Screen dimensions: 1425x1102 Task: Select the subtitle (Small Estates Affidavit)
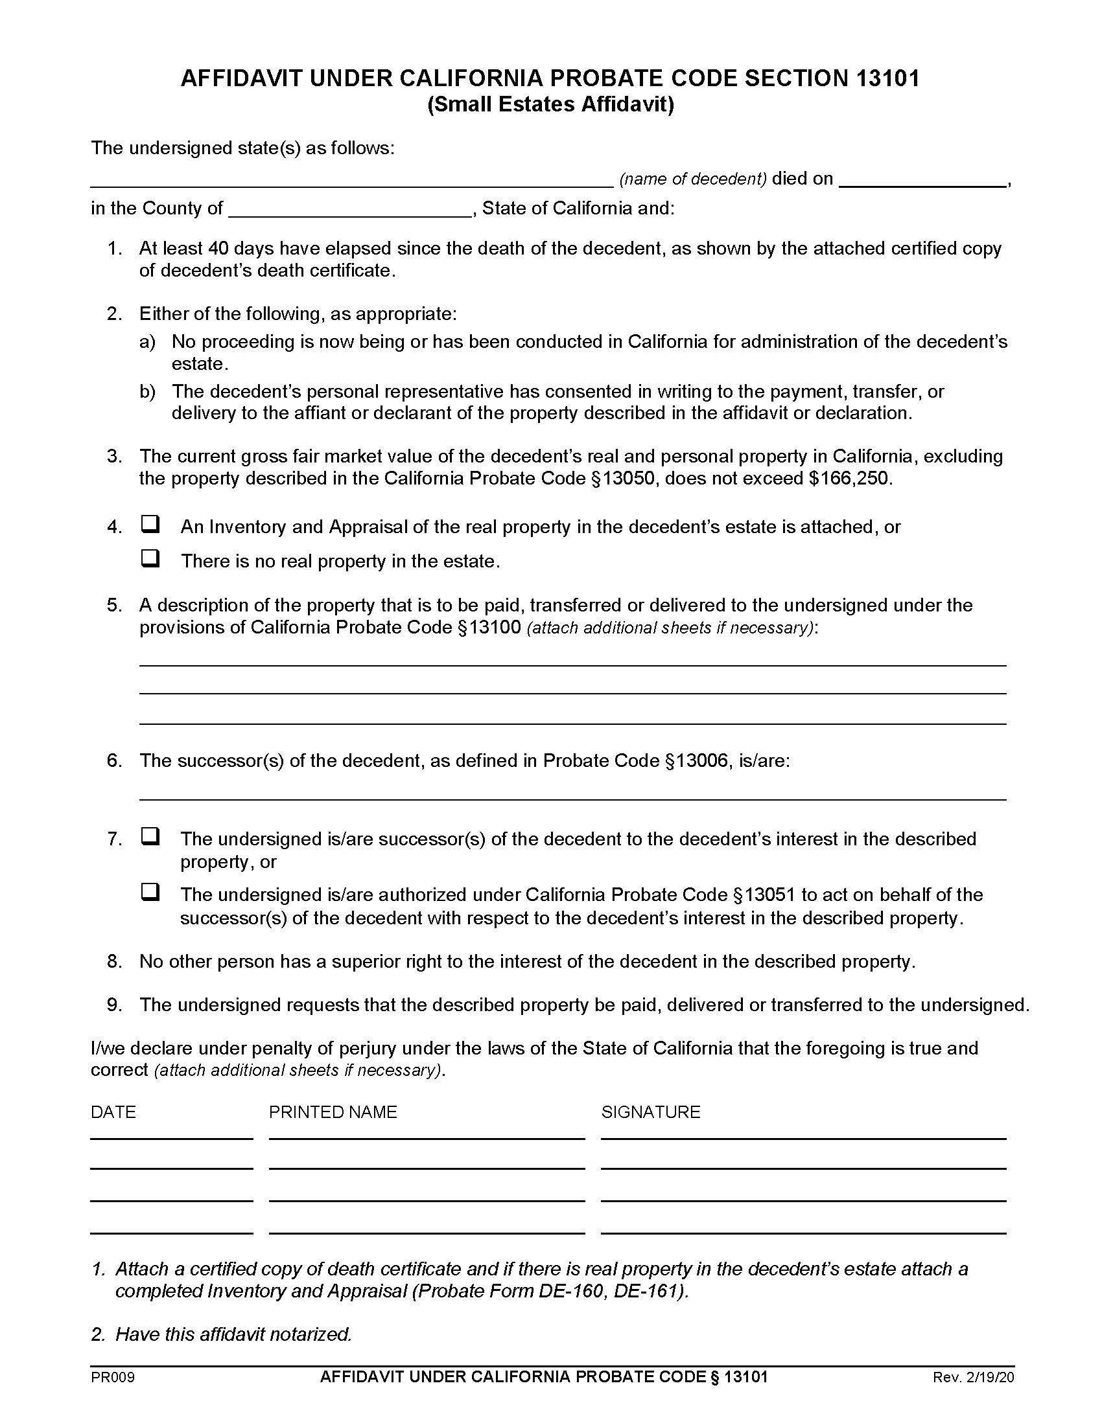coord(550,105)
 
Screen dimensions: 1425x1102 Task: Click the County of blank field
coord(350,210)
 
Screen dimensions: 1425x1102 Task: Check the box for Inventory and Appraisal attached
coord(151,524)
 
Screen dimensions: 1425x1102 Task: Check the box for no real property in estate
coord(151,558)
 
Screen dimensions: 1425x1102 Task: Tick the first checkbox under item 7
coord(151,836)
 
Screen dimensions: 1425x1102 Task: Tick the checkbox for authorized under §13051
coord(151,892)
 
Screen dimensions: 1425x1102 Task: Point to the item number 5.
coord(114,605)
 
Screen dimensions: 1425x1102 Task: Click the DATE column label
coord(113,1111)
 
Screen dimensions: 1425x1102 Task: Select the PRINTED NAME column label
coord(333,1111)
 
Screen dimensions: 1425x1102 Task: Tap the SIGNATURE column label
coord(650,1111)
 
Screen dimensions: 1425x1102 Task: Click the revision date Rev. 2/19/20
coord(974,1377)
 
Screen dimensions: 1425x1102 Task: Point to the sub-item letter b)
coord(148,391)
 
